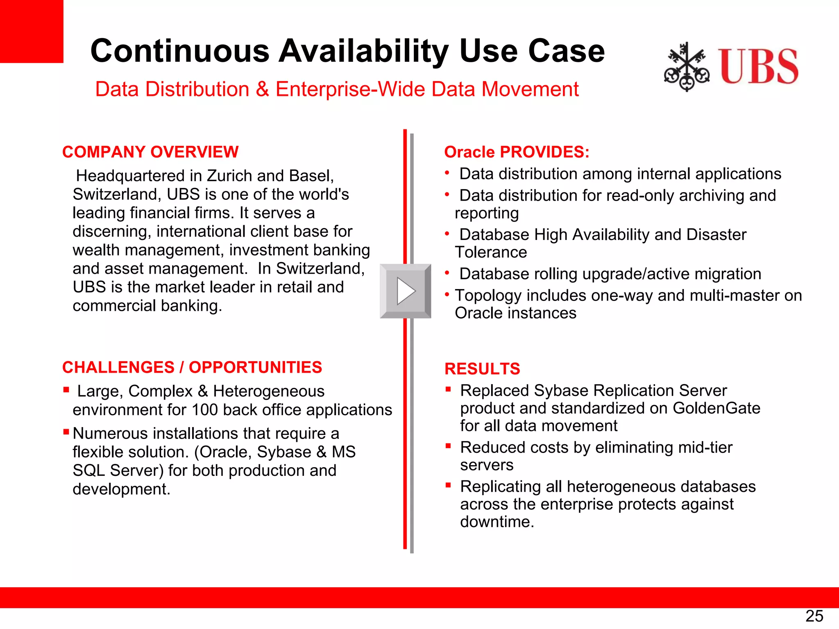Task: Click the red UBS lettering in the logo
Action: (758, 66)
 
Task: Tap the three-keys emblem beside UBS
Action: (687, 67)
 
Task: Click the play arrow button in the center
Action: (406, 291)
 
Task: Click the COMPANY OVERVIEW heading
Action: (150, 152)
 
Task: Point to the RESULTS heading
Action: (482, 369)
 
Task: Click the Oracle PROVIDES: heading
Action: (517, 152)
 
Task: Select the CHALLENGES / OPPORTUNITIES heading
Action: (192, 367)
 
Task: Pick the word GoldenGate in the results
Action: (716, 408)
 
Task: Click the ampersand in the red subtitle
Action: (262, 89)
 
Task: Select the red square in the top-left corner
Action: (32, 31)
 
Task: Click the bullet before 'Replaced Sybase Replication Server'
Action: (448, 389)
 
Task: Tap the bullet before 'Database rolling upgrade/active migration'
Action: (447, 273)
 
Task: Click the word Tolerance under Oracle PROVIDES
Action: (491, 252)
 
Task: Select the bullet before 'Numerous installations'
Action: (66, 432)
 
